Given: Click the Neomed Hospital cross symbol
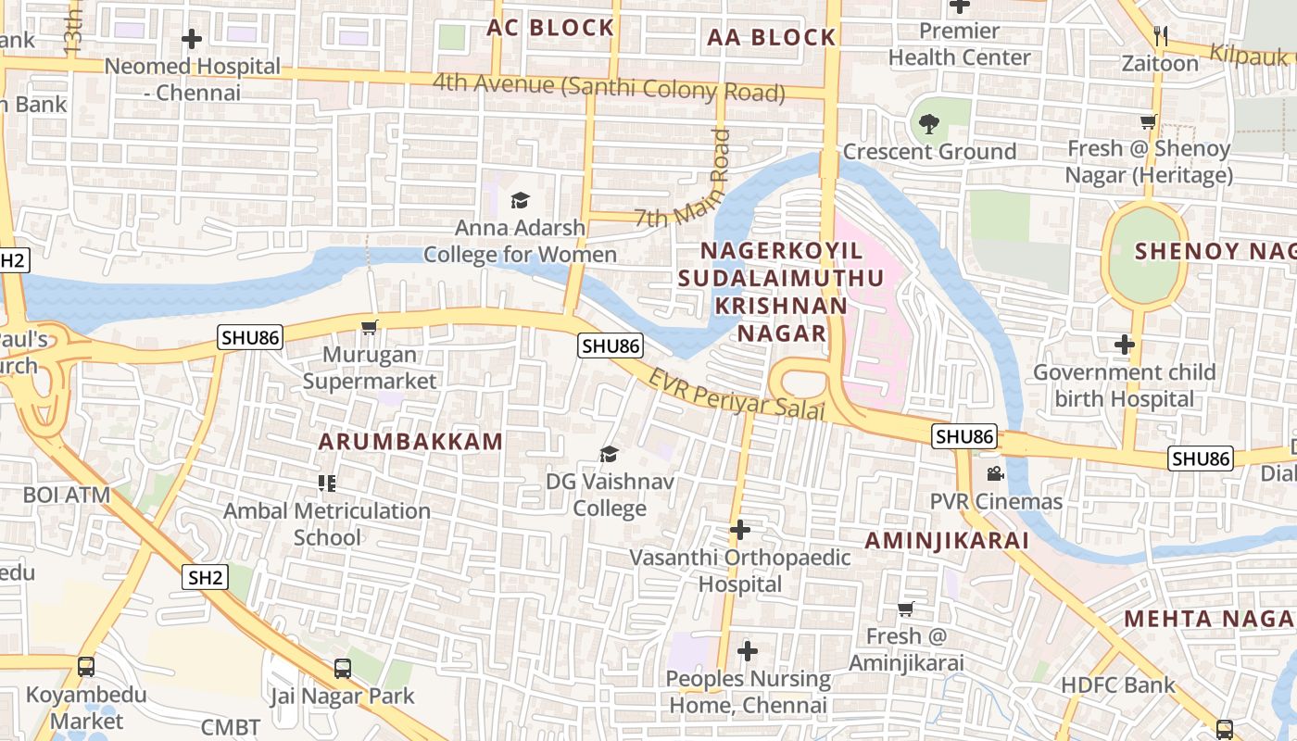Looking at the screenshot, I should tap(192, 39).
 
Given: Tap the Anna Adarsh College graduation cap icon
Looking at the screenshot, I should tap(520, 200).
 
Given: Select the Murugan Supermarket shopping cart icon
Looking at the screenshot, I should tap(370, 327).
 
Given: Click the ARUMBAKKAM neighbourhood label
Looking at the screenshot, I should tap(411, 442).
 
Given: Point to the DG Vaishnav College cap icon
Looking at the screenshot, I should tap(609, 454).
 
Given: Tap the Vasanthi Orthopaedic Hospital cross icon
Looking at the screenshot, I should tap(740, 530).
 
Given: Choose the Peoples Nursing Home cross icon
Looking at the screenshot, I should tap(748, 651).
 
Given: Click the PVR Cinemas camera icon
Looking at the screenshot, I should tap(995, 474).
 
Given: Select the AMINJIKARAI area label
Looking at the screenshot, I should tap(947, 541).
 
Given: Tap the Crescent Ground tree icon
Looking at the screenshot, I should tap(929, 123).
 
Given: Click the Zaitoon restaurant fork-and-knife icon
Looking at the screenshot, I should tap(1160, 36).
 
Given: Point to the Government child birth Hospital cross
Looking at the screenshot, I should tap(1125, 345).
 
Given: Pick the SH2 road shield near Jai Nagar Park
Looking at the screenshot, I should tap(205, 578).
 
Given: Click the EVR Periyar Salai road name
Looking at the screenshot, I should tap(736, 395).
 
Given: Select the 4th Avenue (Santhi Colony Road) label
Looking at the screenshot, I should tap(609, 87).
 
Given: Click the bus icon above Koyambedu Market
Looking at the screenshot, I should tap(86, 666).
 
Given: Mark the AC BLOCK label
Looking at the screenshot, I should tap(550, 28).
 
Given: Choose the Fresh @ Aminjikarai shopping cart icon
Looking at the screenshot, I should tap(906, 609).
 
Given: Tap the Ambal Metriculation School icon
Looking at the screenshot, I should tap(326, 483).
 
